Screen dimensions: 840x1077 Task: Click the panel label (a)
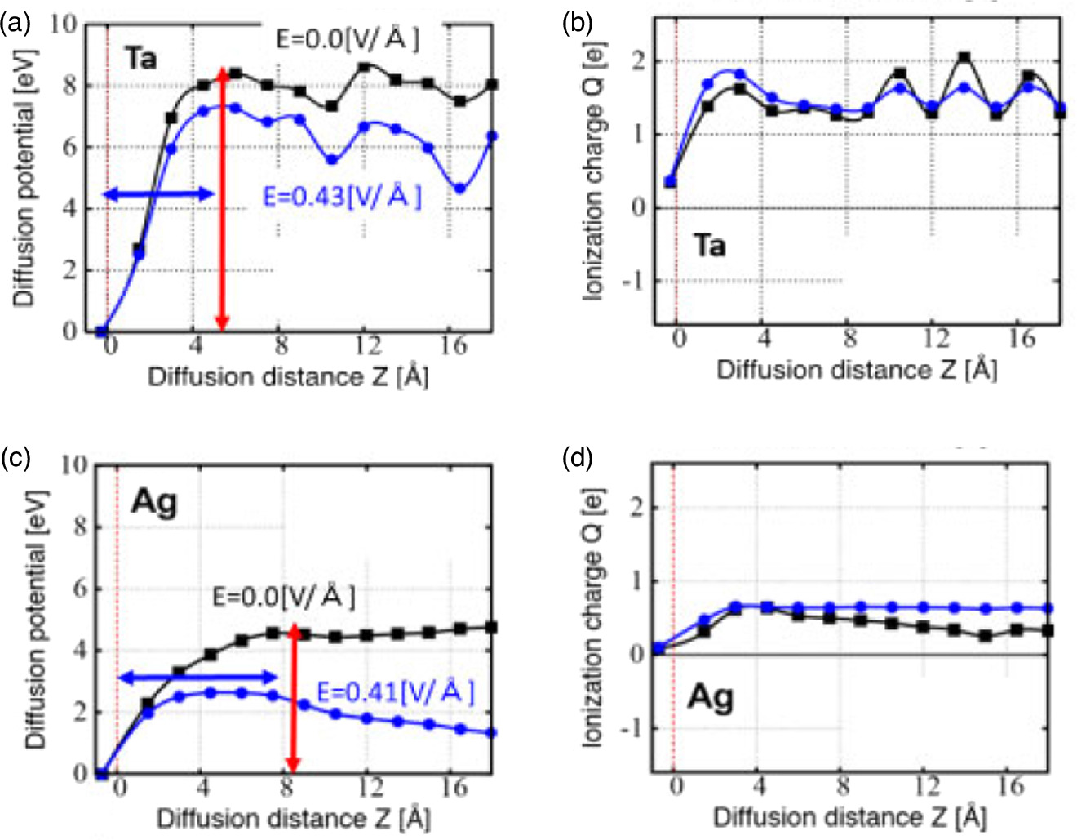coord(16,23)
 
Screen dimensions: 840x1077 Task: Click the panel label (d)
coord(578,458)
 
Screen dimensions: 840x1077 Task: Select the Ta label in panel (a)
coord(140,59)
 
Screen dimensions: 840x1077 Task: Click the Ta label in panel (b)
coord(709,245)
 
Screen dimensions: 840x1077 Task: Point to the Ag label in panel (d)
coord(710,698)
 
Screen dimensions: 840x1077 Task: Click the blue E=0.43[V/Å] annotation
coord(342,197)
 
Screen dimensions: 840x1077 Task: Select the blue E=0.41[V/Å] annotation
coord(395,692)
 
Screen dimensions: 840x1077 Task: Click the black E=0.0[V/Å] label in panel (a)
coord(348,38)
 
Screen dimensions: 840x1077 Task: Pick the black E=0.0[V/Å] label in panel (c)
coord(284,597)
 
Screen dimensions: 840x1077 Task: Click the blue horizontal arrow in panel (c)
coord(198,677)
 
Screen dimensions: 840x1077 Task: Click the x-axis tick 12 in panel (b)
coord(936,337)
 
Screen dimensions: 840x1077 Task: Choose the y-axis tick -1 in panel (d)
coord(630,727)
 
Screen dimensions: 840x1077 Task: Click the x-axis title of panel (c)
coord(293,818)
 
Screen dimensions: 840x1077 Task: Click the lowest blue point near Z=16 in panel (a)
coord(460,189)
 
